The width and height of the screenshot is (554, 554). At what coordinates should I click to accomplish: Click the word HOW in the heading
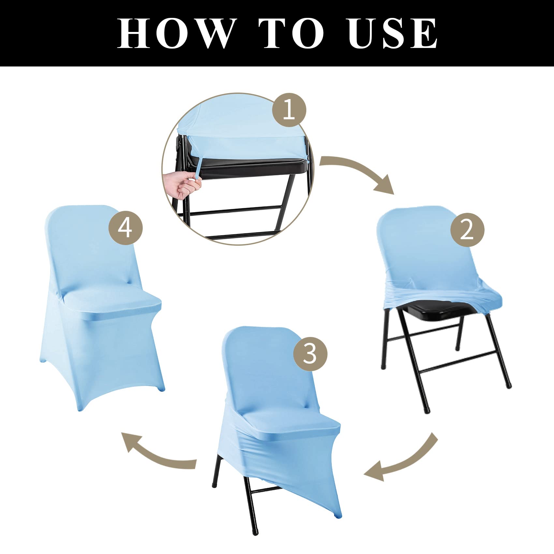pos(176,33)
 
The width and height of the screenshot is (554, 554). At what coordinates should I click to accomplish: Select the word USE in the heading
pos(393,33)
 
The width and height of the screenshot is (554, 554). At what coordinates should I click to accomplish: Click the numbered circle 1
pos(289,110)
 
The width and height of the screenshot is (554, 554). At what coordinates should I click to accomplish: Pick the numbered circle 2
pos(467,230)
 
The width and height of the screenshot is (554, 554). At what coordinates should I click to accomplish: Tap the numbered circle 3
pos(310,354)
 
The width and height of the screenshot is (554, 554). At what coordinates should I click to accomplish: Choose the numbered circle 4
pos(125,228)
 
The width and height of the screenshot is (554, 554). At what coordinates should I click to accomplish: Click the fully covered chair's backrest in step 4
pos(93,248)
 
